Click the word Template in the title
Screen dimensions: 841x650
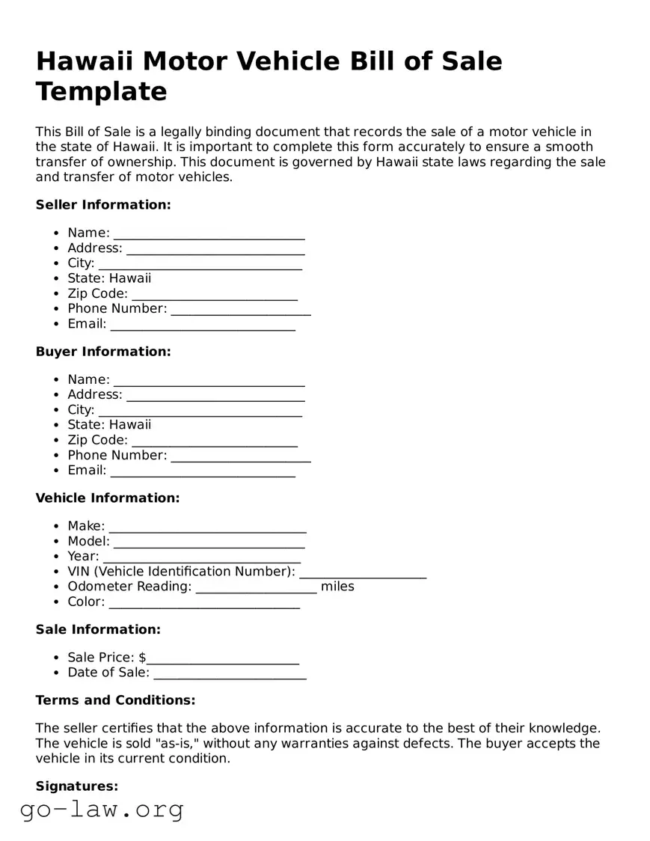click(101, 91)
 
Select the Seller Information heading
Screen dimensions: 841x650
click(103, 205)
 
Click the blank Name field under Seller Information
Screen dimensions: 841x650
click(209, 233)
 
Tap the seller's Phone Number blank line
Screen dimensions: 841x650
click(240, 309)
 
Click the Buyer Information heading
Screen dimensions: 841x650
click(103, 352)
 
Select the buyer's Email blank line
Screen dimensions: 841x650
click(203, 471)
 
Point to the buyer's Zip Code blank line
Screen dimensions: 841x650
click(214, 441)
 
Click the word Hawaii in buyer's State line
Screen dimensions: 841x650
click(130, 425)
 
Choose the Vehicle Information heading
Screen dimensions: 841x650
click(108, 498)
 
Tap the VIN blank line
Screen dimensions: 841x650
click(363, 572)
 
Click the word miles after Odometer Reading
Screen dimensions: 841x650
click(337, 587)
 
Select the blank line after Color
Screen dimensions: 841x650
click(204, 602)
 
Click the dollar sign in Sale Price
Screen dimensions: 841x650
click(142, 658)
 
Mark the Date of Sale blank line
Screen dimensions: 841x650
click(230, 673)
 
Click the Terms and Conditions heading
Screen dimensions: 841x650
click(115, 700)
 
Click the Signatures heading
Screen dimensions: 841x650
click(77, 786)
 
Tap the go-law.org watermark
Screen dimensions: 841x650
click(102, 810)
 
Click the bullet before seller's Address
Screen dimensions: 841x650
click(57, 248)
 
